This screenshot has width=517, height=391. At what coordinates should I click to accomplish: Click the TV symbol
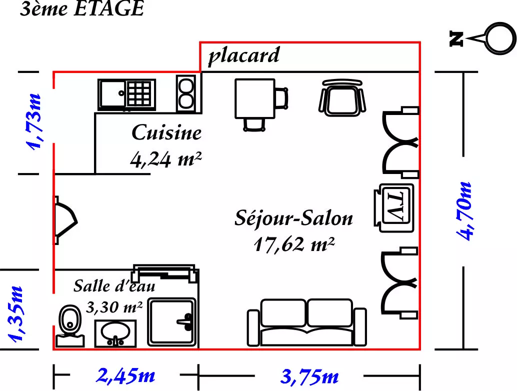pos(394,207)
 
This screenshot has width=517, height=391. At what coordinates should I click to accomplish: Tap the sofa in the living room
pos(307,323)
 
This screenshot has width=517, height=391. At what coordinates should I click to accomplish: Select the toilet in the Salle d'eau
pos(69,326)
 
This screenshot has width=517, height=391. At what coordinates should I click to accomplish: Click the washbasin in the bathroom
pos(115,333)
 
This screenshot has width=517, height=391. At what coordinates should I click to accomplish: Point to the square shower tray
pos(172,322)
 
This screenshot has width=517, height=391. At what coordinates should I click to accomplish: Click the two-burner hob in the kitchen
pos(186,93)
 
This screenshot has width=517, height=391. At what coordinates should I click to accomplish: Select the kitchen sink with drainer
pos(127,94)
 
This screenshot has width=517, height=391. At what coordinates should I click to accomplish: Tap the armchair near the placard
pos(342,98)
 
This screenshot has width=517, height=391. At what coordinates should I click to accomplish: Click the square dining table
pos(255,98)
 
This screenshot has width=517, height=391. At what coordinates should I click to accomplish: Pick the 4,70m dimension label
pos(464,211)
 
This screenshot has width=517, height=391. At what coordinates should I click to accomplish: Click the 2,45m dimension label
pos(125,375)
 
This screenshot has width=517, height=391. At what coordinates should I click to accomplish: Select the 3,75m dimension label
pos(309,376)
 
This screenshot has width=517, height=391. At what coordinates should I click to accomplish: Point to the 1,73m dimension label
pos(34,122)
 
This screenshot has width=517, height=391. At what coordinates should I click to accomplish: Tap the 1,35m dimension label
pos(16,314)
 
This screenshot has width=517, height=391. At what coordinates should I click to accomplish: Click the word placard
pos(244,55)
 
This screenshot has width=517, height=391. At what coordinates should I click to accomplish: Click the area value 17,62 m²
pos(294,244)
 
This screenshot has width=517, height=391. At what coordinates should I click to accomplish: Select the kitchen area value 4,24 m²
pos(166,159)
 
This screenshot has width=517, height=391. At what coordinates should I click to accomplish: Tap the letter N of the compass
pos(456,38)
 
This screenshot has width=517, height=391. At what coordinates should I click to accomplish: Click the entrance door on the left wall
pos(66,220)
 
